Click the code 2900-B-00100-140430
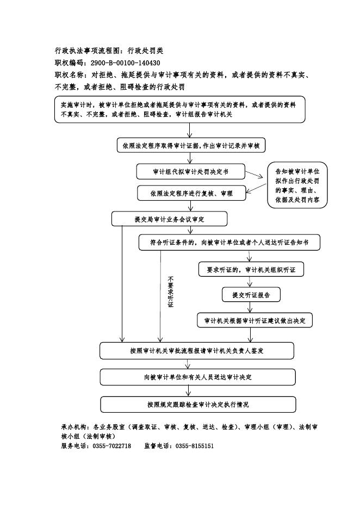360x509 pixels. click(125, 63)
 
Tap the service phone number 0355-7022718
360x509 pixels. click(112, 446)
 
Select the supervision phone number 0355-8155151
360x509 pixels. click(195, 446)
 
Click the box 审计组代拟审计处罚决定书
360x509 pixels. click(190, 171)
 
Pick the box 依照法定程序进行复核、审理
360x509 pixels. click(191, 193)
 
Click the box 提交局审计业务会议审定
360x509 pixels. click(170, 219)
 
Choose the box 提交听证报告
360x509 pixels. click(251, 295)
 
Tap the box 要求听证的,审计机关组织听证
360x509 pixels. click(251, 269)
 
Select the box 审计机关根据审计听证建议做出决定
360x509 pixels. click(255, 320)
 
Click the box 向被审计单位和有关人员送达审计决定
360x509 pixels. click(198, 377)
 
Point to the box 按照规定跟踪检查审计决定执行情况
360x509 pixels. click(198, 405)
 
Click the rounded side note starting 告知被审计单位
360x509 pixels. click(297, 185)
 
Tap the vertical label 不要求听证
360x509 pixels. click(171, 291)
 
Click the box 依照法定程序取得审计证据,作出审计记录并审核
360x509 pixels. click(191, 145)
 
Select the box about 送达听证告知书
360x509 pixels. click(229, 242)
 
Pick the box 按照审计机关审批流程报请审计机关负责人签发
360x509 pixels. click(197, 351)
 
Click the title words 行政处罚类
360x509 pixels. click(145, 51)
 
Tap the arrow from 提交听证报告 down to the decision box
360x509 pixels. click(250, 307)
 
